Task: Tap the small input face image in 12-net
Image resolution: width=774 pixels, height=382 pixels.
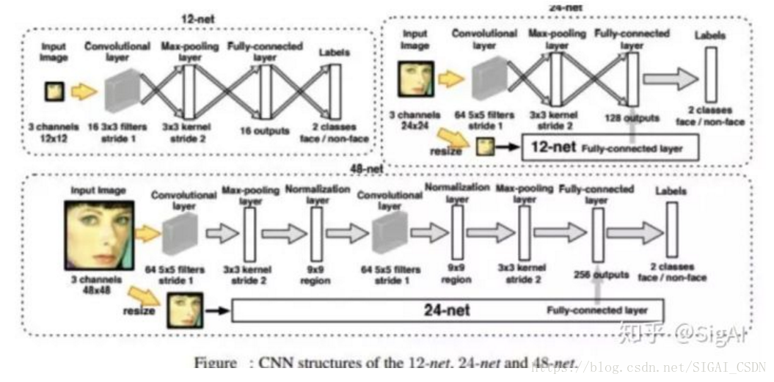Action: (x=55, y=91)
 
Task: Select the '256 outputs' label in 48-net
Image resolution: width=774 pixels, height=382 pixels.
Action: (x=600, y=275)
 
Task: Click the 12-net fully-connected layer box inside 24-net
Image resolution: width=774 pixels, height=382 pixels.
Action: (x=609, y=147)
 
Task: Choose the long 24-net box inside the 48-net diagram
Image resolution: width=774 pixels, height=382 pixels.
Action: (x=448, y=310)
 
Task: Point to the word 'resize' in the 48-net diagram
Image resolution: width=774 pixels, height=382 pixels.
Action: (x=139, y=310)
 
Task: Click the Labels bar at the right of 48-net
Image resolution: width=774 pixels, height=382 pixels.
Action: (x=671, y=229)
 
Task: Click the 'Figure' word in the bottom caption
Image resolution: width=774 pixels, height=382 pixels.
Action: (x=215, y=363)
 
